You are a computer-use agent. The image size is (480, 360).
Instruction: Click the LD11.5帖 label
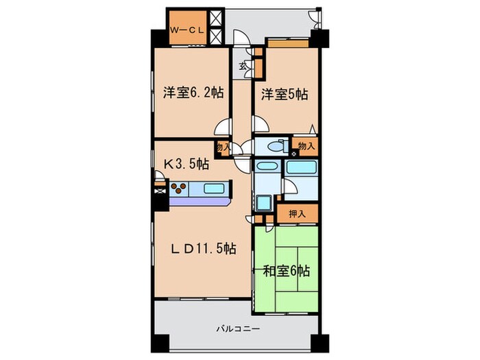[204, 249]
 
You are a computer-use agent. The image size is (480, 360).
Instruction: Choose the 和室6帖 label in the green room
[286, 271]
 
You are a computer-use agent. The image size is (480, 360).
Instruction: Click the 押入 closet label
[297, 213]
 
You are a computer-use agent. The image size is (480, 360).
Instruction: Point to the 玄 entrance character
[243, 67]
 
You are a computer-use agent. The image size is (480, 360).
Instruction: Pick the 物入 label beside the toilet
[307, 146]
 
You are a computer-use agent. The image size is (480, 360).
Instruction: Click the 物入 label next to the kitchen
[221, 146]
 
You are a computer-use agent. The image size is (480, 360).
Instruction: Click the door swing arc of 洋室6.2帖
[223, 128]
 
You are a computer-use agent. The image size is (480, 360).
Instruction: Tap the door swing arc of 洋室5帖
[261, 124]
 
